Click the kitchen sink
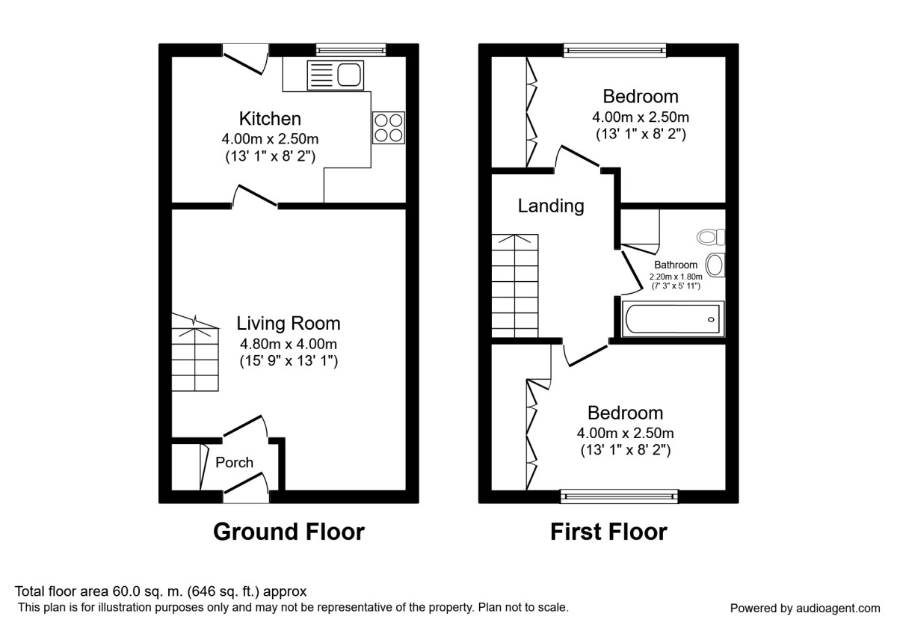[335, 76]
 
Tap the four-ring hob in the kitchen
[389, 126]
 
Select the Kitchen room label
[270, 119]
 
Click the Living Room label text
[288, 324]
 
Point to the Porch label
[234, 463]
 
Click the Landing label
[551, 206]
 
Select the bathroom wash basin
[715, 265]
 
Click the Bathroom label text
[676, 265]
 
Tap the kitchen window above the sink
[350, 50]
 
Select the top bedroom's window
[614, 50]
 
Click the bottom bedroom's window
[619, 496]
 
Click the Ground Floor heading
[289, 532]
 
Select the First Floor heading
[608, 532]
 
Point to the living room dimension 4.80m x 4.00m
[288, 345]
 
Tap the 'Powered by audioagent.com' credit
[805, 608]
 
